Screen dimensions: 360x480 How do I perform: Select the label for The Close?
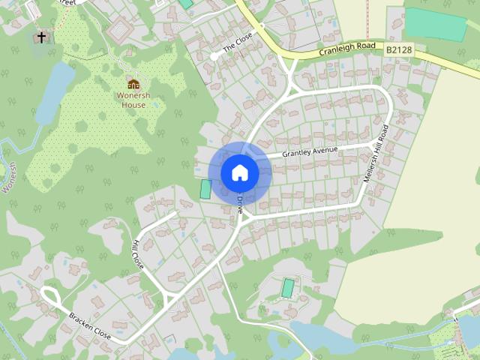click(x=241, y=43)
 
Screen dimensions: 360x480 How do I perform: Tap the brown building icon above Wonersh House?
click(x=133, y=83)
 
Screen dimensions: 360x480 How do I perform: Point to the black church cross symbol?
click(x=41, y=37)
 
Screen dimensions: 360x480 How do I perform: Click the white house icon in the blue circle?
click(x=240, y=172)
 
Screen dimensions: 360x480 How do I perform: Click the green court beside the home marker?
click(x=205, y=189)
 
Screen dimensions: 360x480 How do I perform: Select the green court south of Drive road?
click(x=288, y=287)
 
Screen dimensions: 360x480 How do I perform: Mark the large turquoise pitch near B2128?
click(x=435, y=25)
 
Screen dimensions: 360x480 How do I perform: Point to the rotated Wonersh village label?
click(x=9, y=177)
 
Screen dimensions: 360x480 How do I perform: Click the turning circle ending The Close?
click(x=214, y=56)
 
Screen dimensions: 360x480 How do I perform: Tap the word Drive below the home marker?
click(x=239, y=204)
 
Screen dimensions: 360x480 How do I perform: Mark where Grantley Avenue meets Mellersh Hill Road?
click(x=373, y=143)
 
